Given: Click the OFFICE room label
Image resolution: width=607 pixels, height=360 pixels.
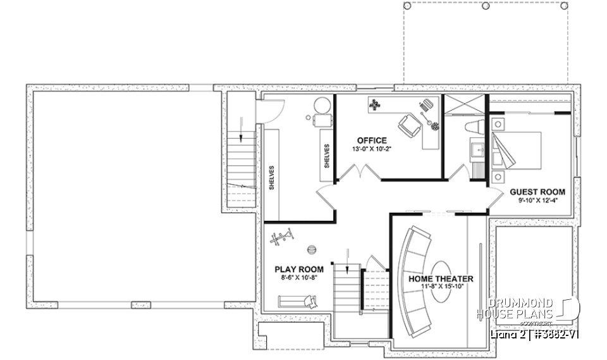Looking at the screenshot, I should coord(371,140).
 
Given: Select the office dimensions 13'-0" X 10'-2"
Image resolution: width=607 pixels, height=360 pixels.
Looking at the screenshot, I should coord(371,149).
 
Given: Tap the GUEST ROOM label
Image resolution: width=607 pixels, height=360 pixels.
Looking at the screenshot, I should coord(537,192).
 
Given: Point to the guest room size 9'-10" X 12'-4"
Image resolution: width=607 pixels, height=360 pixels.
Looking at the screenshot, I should coord(537,201).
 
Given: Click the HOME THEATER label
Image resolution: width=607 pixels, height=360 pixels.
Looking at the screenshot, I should coord(441,278).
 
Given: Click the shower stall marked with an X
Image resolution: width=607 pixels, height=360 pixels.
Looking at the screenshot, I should coord(465,106).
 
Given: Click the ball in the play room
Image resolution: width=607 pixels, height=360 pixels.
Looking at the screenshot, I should coord(311,249).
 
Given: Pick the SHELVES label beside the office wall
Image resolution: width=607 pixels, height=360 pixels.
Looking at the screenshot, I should coord(327,155).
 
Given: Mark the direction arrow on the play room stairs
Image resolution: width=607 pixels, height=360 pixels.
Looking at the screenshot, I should coord(347,260).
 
